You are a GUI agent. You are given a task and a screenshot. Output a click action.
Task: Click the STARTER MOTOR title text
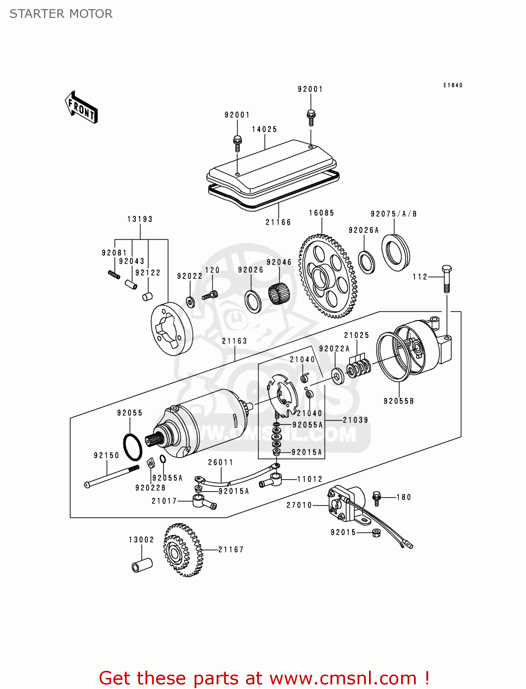point(61,14)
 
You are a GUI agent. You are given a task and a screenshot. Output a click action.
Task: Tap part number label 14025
point(264,130)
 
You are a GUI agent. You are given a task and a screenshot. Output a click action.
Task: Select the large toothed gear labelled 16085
point(328,276)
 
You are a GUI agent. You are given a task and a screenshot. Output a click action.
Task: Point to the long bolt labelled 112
point(446,279)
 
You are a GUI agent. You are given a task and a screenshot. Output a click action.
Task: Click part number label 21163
point(235,341)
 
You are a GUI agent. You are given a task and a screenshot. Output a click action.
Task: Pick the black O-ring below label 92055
point(132,446)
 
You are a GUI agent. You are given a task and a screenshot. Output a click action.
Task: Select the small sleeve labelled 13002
point(142,565)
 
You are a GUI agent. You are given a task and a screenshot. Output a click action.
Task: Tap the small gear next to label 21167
point(183,549)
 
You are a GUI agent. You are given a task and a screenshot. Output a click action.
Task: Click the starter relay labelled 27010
point(347,504)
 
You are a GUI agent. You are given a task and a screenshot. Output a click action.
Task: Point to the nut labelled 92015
point(376,532)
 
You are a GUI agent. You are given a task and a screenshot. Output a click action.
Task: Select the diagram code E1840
point(453,85)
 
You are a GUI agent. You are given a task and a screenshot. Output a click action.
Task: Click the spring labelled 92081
point(114,275)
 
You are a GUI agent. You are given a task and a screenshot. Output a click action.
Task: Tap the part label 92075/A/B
point(394,214)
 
